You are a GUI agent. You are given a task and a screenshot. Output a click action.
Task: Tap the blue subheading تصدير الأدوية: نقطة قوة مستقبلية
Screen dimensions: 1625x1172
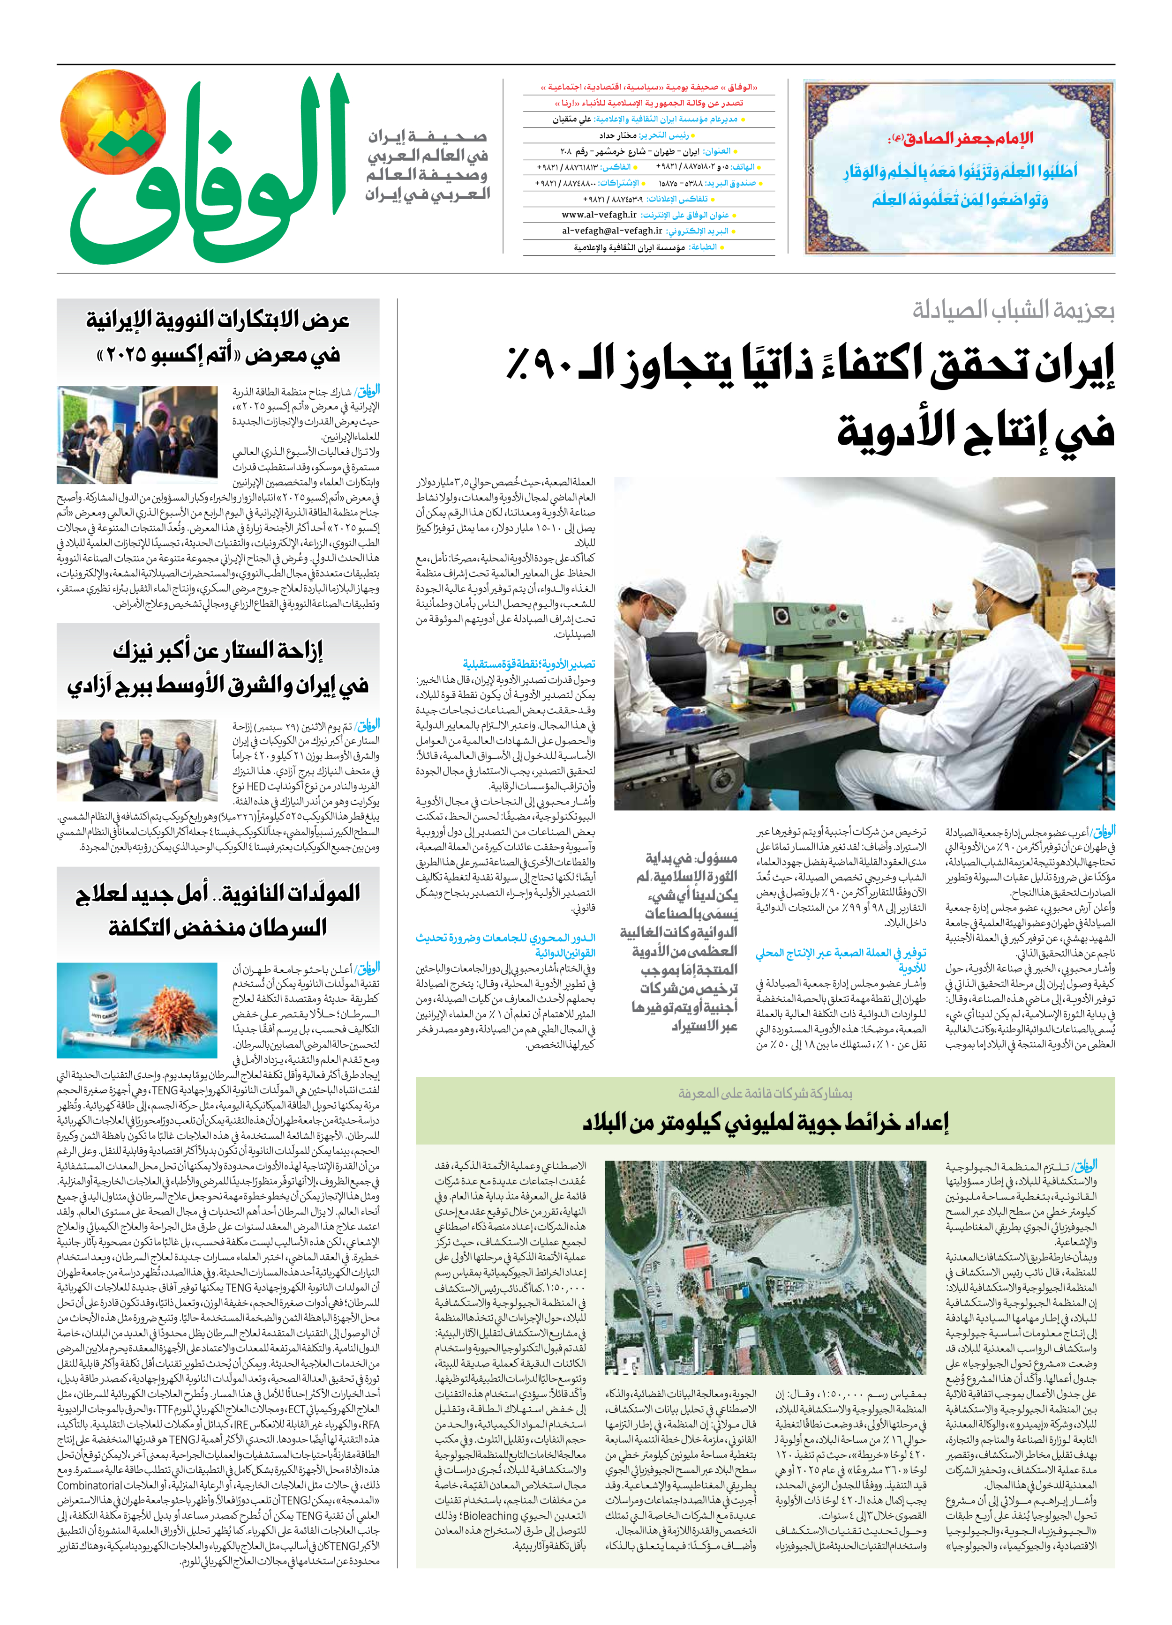tap(528, 664)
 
